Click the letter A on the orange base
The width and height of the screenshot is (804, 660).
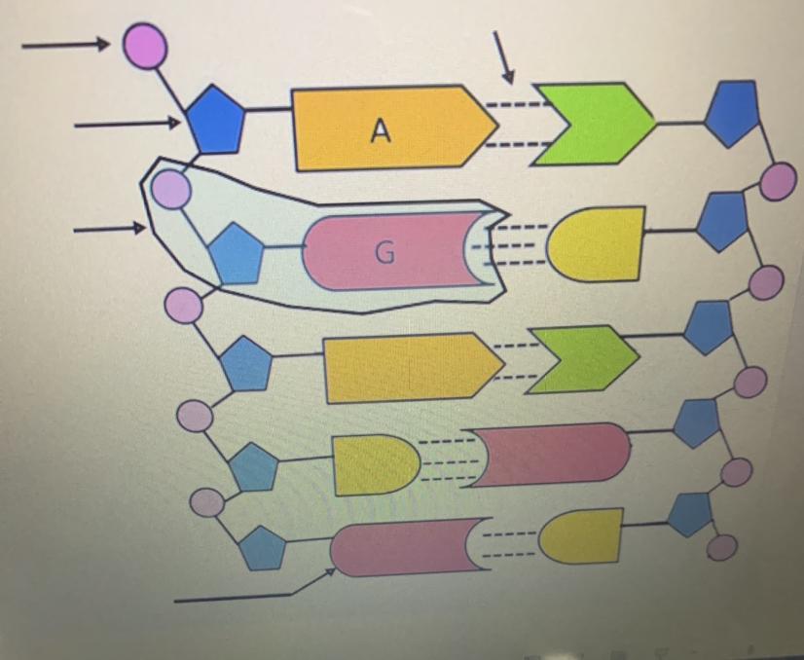point(381,130)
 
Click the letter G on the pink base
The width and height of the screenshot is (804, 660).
point(384,253)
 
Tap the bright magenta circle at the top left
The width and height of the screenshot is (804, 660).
point(145,47)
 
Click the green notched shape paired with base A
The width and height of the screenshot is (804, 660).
point(592,124)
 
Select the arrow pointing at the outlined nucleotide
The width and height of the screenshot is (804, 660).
point(109,230)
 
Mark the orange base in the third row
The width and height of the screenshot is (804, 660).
point(409,367)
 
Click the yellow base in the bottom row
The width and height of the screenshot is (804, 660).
point(582,536)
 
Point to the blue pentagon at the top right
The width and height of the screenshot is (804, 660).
point(731,112)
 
